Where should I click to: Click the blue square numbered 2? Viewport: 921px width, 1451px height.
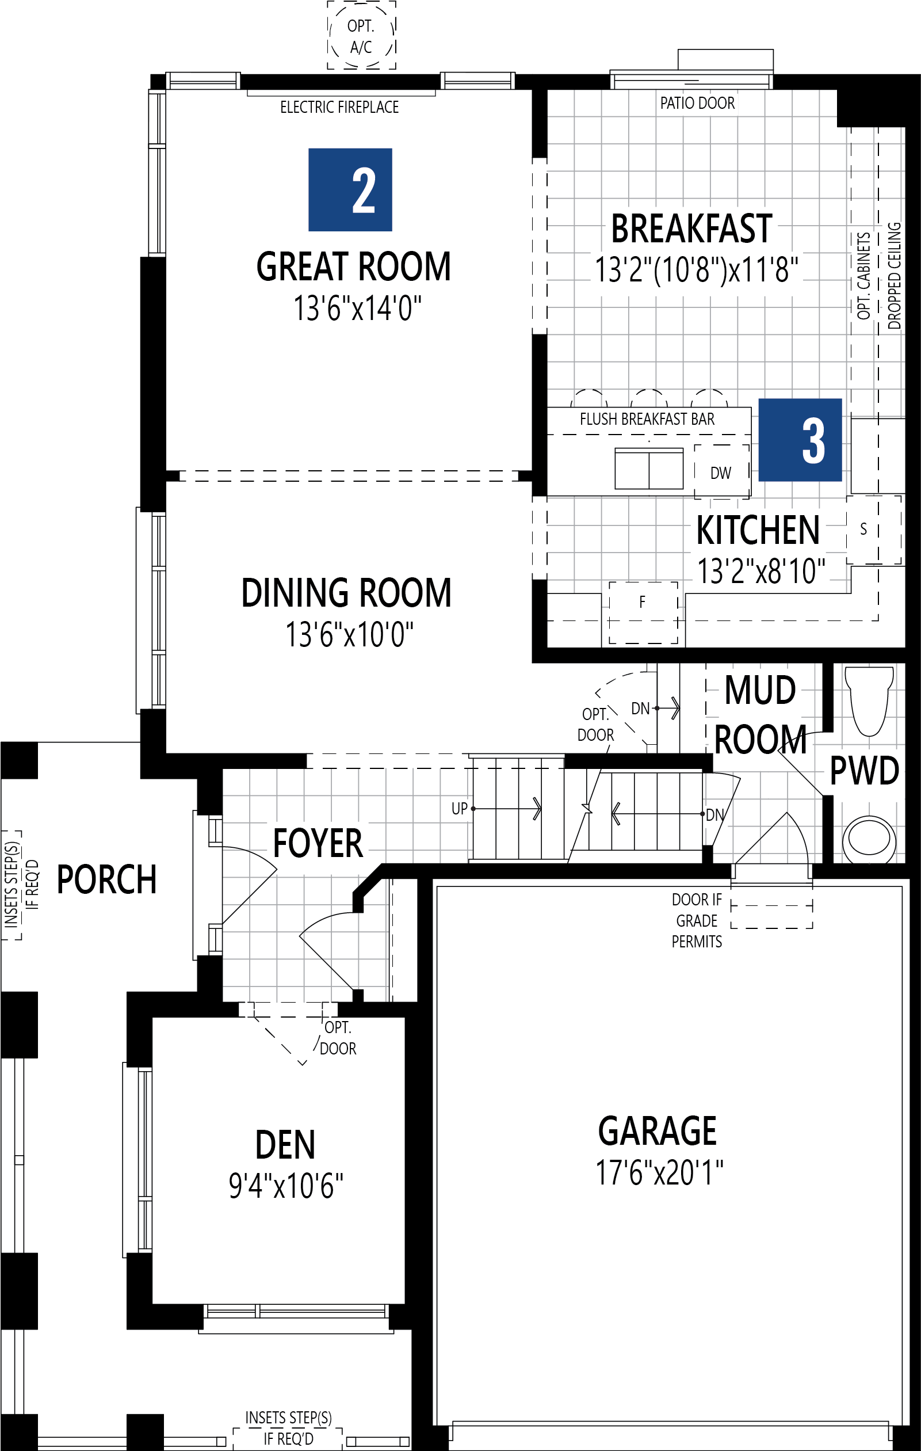coord(350,190)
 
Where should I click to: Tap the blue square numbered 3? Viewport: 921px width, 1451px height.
coord(799,440)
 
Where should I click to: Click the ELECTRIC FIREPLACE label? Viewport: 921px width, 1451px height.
coord(339,107)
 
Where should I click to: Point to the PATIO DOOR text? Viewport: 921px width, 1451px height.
coord(697,103)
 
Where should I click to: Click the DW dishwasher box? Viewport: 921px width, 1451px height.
coord(721,473)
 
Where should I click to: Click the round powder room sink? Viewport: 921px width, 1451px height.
coord(869,839)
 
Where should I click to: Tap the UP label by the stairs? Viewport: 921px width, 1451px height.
coord(460,809)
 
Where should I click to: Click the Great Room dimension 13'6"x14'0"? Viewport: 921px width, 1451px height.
coord(357,309)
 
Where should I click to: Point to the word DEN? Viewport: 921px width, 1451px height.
coord(285,1145)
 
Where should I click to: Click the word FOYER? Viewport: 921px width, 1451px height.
coord(318,844)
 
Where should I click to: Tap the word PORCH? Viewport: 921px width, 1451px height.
coord(106,880)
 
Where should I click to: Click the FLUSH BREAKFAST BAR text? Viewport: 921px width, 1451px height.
coord(647,420)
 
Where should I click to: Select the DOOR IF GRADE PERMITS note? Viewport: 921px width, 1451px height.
coord(696,920)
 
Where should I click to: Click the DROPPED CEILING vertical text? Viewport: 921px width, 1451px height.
coord(895,276)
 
